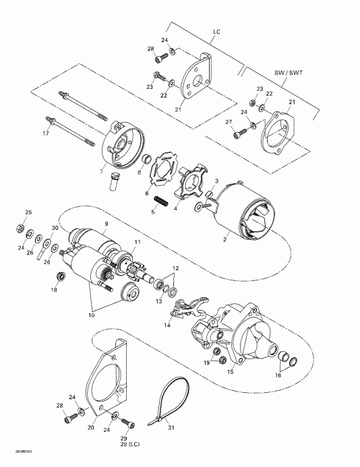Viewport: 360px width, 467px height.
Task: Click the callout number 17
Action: (x=47, y=133)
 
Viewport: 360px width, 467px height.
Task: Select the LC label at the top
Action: (x=217, y=32)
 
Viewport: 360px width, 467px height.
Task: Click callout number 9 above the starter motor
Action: (x=106, y=223)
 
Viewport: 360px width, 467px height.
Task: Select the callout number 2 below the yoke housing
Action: (x=224, y=239)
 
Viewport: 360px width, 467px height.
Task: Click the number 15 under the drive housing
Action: (x=231, y=371)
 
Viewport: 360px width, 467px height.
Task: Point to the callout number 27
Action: (x=228, y=122)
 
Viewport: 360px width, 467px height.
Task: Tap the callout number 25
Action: (x=28, y=212)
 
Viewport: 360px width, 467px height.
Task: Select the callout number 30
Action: (x=55, y=228)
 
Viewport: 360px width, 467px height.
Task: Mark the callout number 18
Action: (x=53, y=290)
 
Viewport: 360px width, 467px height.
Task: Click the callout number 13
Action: (x=160, y=283)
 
